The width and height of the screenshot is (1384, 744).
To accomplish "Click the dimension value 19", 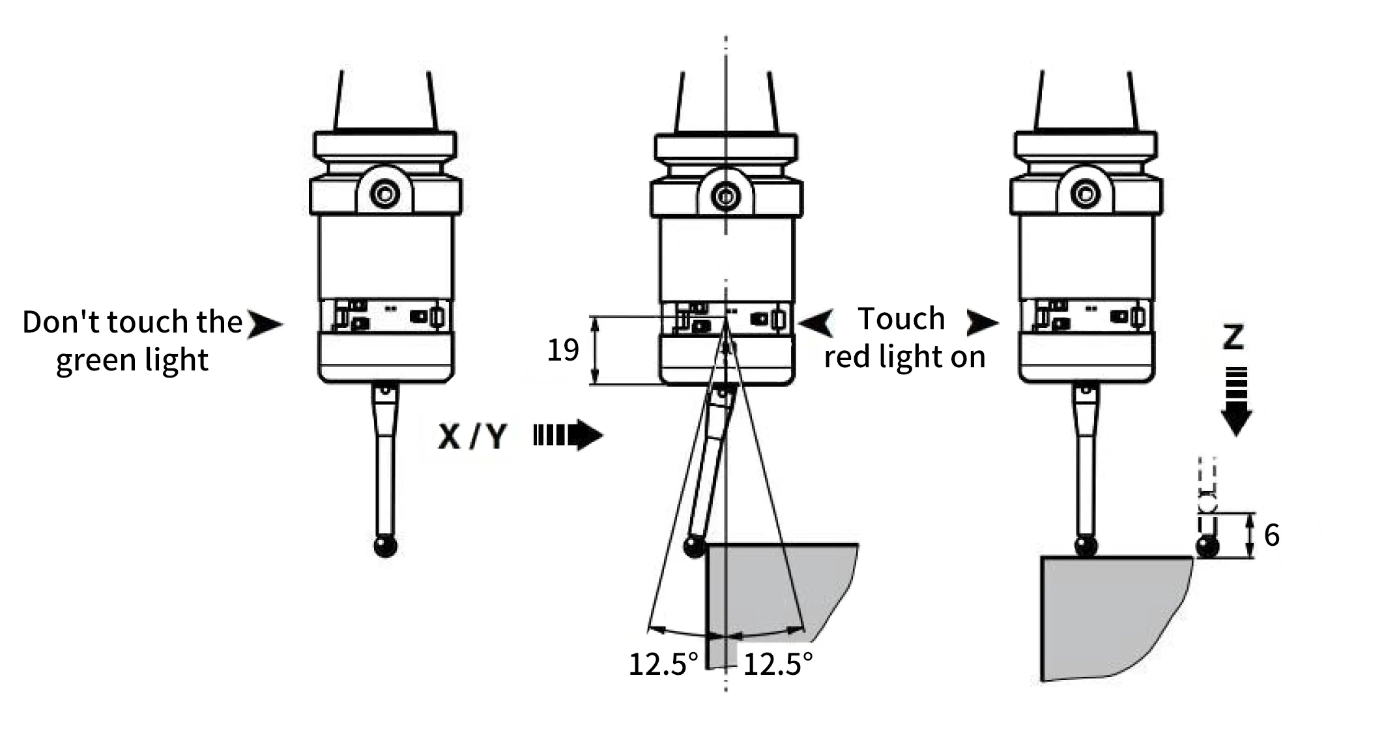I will point(562,350).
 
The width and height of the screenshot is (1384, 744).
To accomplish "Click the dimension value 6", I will point(1271,535).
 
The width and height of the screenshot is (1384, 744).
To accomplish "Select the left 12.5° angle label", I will point(663,664).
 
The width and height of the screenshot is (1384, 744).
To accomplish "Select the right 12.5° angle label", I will point(778,664).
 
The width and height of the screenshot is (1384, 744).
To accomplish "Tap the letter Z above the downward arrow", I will point(1233,338).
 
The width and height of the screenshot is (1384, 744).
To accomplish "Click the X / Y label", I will point(472,436).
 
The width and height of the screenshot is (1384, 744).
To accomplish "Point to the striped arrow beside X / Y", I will point(568,436).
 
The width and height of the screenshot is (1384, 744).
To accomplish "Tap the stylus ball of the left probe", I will point(386,546).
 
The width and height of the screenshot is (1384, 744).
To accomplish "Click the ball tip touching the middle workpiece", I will point(695,546).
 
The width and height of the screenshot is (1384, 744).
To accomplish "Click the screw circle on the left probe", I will point(384,194).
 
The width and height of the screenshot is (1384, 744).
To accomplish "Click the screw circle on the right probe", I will point(1086,194).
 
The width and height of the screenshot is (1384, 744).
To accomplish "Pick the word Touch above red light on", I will point(901,319).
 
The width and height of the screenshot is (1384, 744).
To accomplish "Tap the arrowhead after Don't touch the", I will point(265,324).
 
